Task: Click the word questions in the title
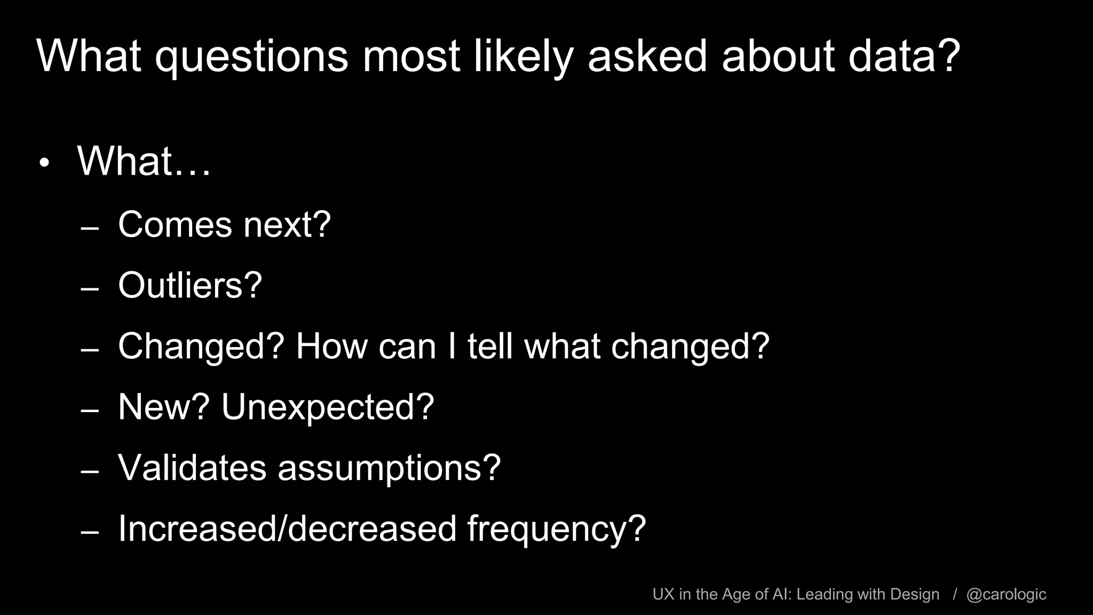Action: tap(251, 56)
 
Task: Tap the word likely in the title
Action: tap(524, 56)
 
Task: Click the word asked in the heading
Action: tap(647, 56)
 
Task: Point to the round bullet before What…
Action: tap(44, 163)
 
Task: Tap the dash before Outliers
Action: tap(90, 289)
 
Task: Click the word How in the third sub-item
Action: tap(332, 346)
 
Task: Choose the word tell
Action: tap(490, 346)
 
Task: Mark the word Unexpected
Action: tap(327, 407)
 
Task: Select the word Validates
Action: tap(192, 468)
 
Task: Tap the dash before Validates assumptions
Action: tap(90, 472)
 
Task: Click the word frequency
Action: tap(556, 529)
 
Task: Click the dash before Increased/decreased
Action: tap(90, 533)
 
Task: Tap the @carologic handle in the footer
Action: tap(1006, 594)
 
